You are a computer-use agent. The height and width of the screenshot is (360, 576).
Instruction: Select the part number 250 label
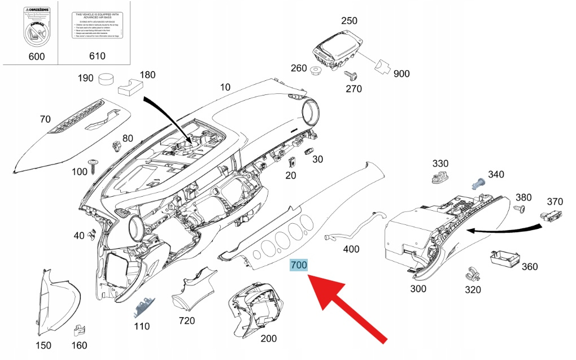pyautogui.click(x=349, y=21)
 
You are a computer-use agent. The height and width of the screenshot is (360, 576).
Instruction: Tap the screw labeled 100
pyautogui.click(x=93, y=167)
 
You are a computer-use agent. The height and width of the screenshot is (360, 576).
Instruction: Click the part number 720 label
pyautogui.click(x=186, y=320)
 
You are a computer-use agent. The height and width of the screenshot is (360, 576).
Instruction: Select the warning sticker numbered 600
pyautogui.click(x=36, y=28)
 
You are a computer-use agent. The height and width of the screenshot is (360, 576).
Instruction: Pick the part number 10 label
pyautogui.click(x=225, y=87)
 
